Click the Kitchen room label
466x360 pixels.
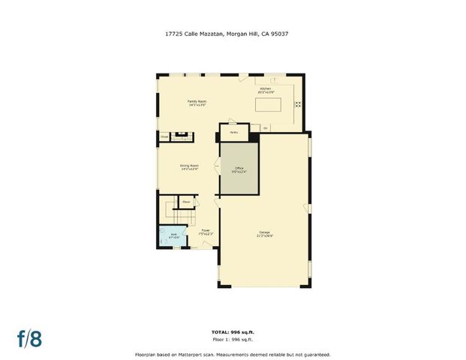(x=266, y=90)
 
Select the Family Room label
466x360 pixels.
(x=197, y=103)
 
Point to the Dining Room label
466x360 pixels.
(x=189, y=166)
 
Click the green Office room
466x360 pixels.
(x=239, y=169)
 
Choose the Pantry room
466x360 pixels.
(x=234, y=131)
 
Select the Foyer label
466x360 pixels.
(x=205, y=232)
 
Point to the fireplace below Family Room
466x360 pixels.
(x=182, y=136)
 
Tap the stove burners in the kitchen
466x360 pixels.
(x=297, y=104)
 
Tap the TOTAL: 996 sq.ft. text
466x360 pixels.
(x=232, y=331)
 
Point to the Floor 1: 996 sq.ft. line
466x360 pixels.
(x=232, y=338)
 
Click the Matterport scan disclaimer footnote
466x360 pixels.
(x=232, y=355)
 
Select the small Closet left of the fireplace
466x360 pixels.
(x=164, y=136)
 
